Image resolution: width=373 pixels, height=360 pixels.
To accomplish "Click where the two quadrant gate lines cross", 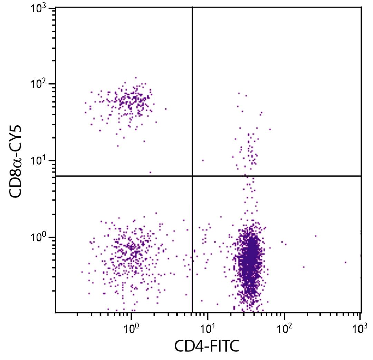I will tap(192, 176).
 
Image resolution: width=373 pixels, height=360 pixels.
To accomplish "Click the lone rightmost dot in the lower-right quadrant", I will tap(345, 262).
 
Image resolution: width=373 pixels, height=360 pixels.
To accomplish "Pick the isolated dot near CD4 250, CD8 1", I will tap(315, 236).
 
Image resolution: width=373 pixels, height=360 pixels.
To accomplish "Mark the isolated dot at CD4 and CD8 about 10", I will tap(203, 160).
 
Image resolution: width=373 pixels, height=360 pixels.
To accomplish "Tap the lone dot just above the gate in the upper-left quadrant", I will tap(150, 172).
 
